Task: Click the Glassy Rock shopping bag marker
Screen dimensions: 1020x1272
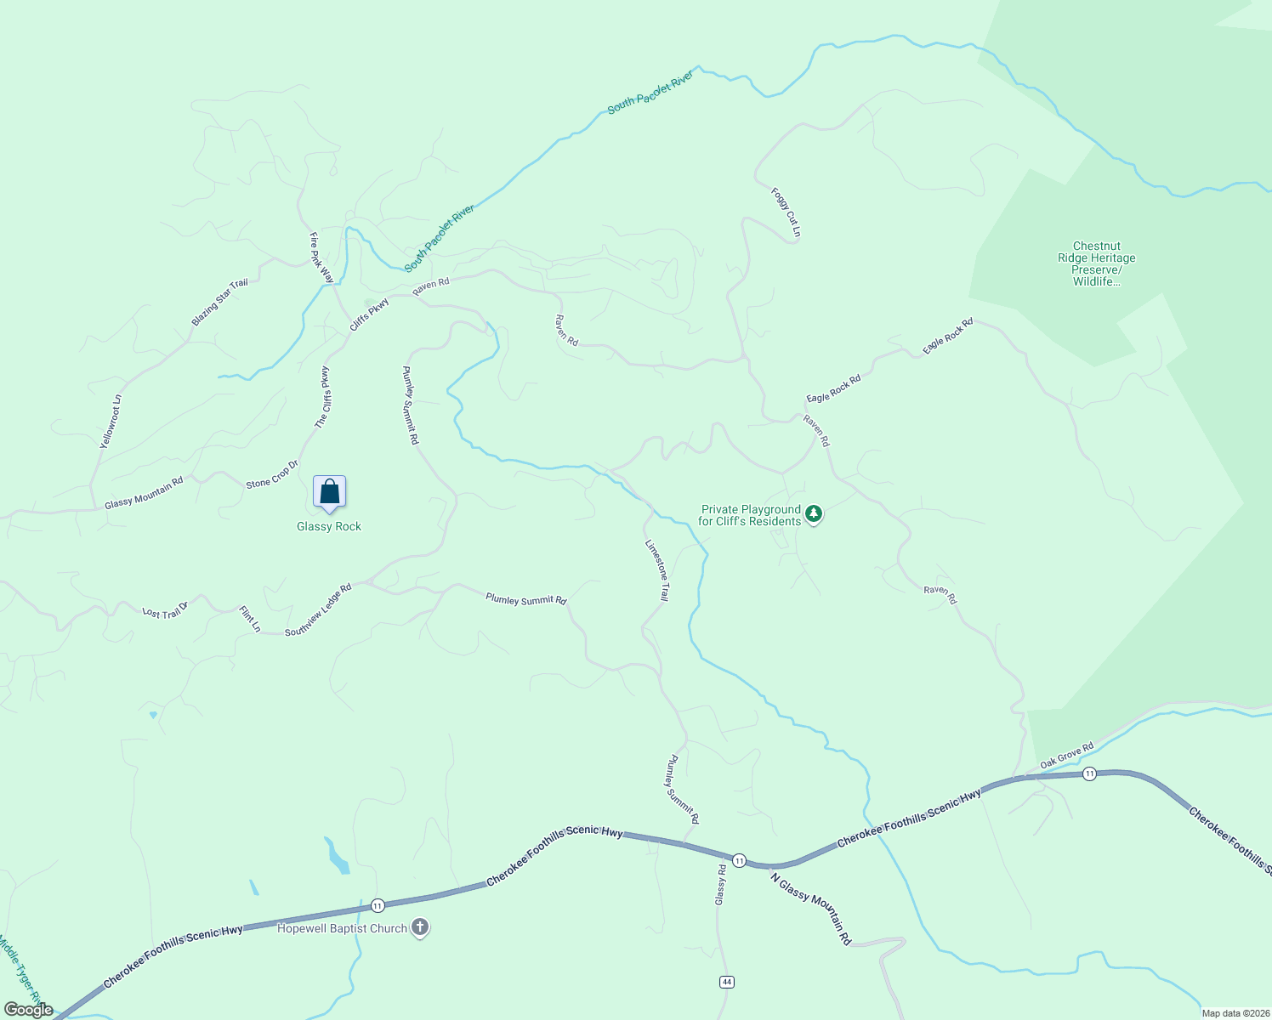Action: point(329,492)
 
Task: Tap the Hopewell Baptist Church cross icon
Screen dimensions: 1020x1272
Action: point(420,927)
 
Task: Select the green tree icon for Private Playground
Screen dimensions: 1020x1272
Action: point(814,513)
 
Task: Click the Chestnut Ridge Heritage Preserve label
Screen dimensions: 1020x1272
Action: point(1096,263)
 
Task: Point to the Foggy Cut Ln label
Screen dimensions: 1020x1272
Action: point(786,212)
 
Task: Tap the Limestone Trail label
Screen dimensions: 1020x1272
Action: point(657,570)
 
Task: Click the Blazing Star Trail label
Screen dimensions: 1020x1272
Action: point(220,302)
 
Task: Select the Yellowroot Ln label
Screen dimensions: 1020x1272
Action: point(111,422)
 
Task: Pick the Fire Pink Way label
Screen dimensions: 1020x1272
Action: point(321,258)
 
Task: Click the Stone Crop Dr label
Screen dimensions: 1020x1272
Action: point(272,474)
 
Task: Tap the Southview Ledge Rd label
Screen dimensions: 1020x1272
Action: point(318,609)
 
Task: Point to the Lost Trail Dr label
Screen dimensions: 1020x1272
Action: point(165,609)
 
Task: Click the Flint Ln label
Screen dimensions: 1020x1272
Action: point(250,619)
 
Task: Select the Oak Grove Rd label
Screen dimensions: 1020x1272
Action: point(1067,755)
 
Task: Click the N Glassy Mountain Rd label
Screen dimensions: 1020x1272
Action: point(811,908)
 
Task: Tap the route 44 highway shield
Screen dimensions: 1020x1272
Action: point(726,982)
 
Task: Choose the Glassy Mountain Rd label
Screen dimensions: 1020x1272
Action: point(144,493)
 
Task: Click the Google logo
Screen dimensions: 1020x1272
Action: point(28,1010)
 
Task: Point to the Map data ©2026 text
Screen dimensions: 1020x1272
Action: point(1235,1013)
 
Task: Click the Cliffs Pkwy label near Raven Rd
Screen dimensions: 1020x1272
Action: point(370,314)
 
